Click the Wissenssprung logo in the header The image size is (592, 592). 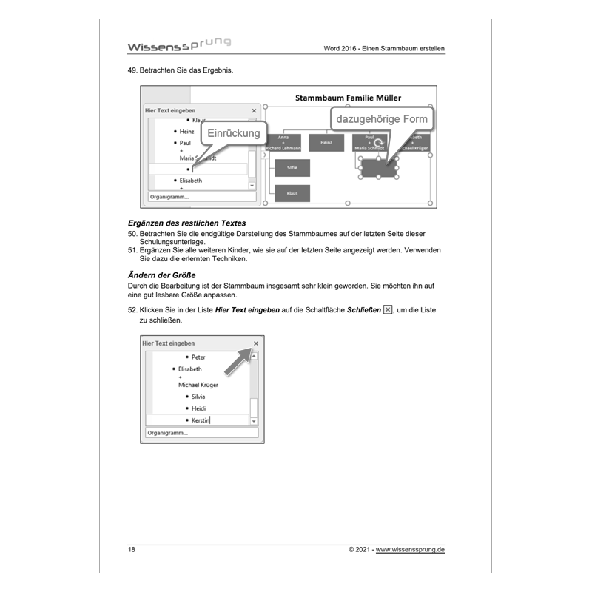178,45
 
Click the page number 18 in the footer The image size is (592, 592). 132,550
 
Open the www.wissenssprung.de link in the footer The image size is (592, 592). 410,550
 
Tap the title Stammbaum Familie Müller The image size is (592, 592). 348,98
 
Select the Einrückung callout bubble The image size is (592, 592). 233,133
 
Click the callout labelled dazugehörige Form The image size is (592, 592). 381,119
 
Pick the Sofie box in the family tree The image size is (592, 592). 292,168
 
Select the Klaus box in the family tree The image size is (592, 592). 292,193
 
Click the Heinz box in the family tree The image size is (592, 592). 326,142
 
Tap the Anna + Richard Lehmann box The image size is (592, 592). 283,142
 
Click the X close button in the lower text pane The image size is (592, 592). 256,343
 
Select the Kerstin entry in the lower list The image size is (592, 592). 200,420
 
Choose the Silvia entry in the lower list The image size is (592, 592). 198,397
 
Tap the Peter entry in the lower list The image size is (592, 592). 198,357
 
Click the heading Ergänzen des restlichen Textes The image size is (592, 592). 186,223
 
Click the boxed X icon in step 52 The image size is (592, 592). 387,309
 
